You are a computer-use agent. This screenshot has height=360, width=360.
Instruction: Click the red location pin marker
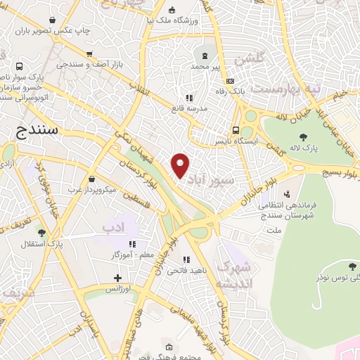tap(181, 164)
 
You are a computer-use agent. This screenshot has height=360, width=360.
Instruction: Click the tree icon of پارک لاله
tap(304, 138)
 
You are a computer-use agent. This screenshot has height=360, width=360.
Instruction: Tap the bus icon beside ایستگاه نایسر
tap(238, 130)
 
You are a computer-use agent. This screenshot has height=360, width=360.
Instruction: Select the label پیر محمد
tap(206, 66)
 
